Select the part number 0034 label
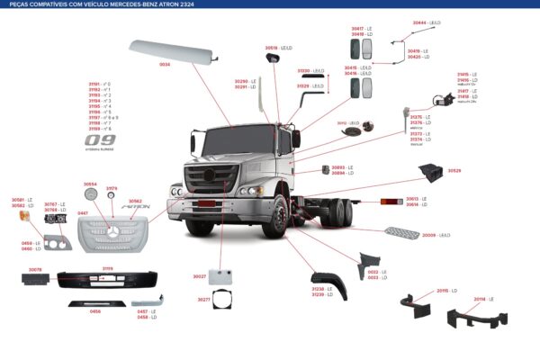coord(165,65)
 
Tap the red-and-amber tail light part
coord(391,202)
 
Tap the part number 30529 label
coord(454,171)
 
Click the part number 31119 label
coord(107,267)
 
